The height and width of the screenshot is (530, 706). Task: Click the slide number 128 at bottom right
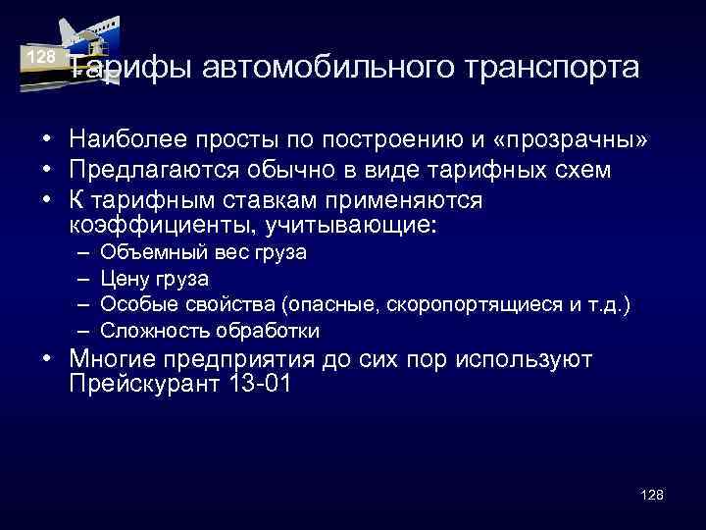[x=651, y=494]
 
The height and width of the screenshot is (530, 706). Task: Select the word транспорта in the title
[x=552, y=69]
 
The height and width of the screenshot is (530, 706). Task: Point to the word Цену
[x=123, y=279]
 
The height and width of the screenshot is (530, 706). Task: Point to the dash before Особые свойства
[x=80, y=304]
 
